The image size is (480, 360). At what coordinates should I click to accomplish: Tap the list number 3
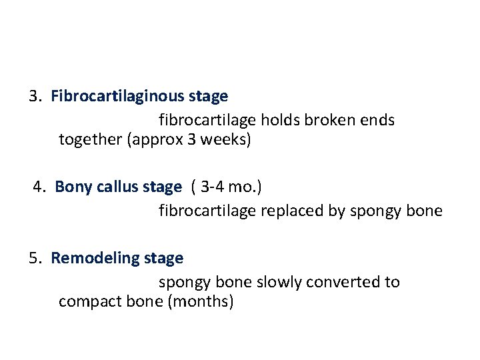click(34, 97)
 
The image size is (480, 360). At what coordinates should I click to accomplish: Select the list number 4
click(39, 187)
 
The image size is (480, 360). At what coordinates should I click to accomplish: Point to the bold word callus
click(116, 187)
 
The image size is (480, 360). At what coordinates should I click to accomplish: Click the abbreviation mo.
click(245, 187)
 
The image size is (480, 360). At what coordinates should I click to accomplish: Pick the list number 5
click(34, 258)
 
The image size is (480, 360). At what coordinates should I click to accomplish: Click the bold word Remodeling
click(95, 258)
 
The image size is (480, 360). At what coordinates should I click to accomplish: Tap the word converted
click(342, 282)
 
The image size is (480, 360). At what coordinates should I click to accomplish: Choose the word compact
click(86, 302)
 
